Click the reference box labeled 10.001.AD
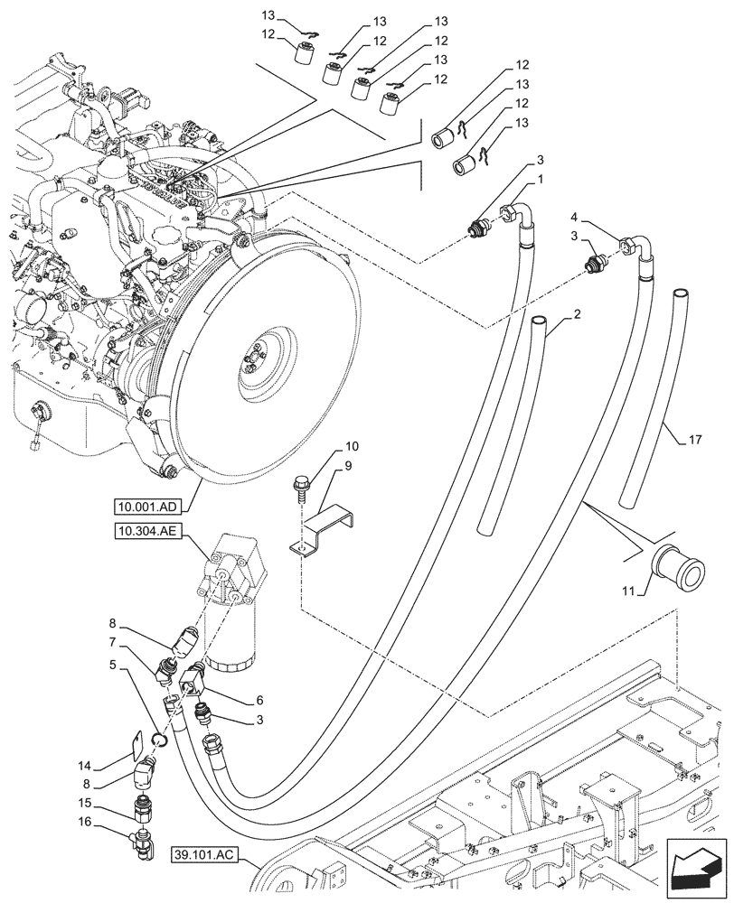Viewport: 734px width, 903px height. (146, 505)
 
